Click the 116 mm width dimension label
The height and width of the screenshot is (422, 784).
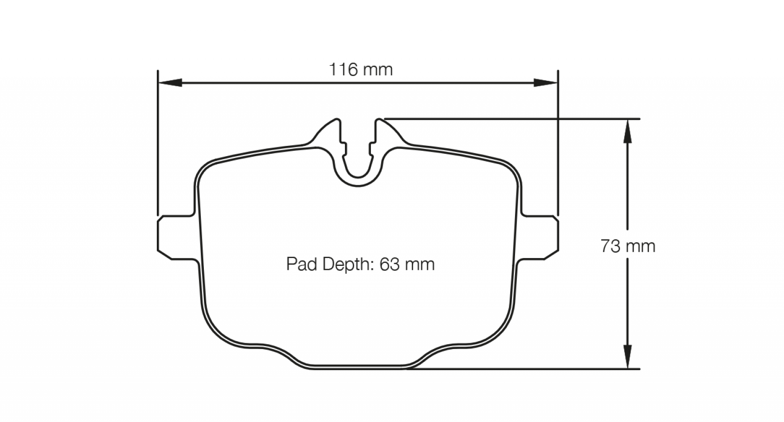pyautogui.click(x=361, y=70)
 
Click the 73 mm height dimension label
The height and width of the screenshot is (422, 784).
pyautogui.click(x=628, y=246)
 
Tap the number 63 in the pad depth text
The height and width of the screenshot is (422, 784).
pyautogui.click(x=390, y=264)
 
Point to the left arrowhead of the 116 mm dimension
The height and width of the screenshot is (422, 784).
pyautogui.click(x=170, y=83)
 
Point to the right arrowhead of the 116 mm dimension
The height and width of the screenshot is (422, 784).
pyautogui.click(x=545, y=83)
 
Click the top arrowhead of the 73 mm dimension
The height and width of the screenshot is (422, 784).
pyautogui.click(x=628, y=132)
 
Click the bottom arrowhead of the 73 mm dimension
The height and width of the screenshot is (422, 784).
pyautogui.click(x=628, y=356)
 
